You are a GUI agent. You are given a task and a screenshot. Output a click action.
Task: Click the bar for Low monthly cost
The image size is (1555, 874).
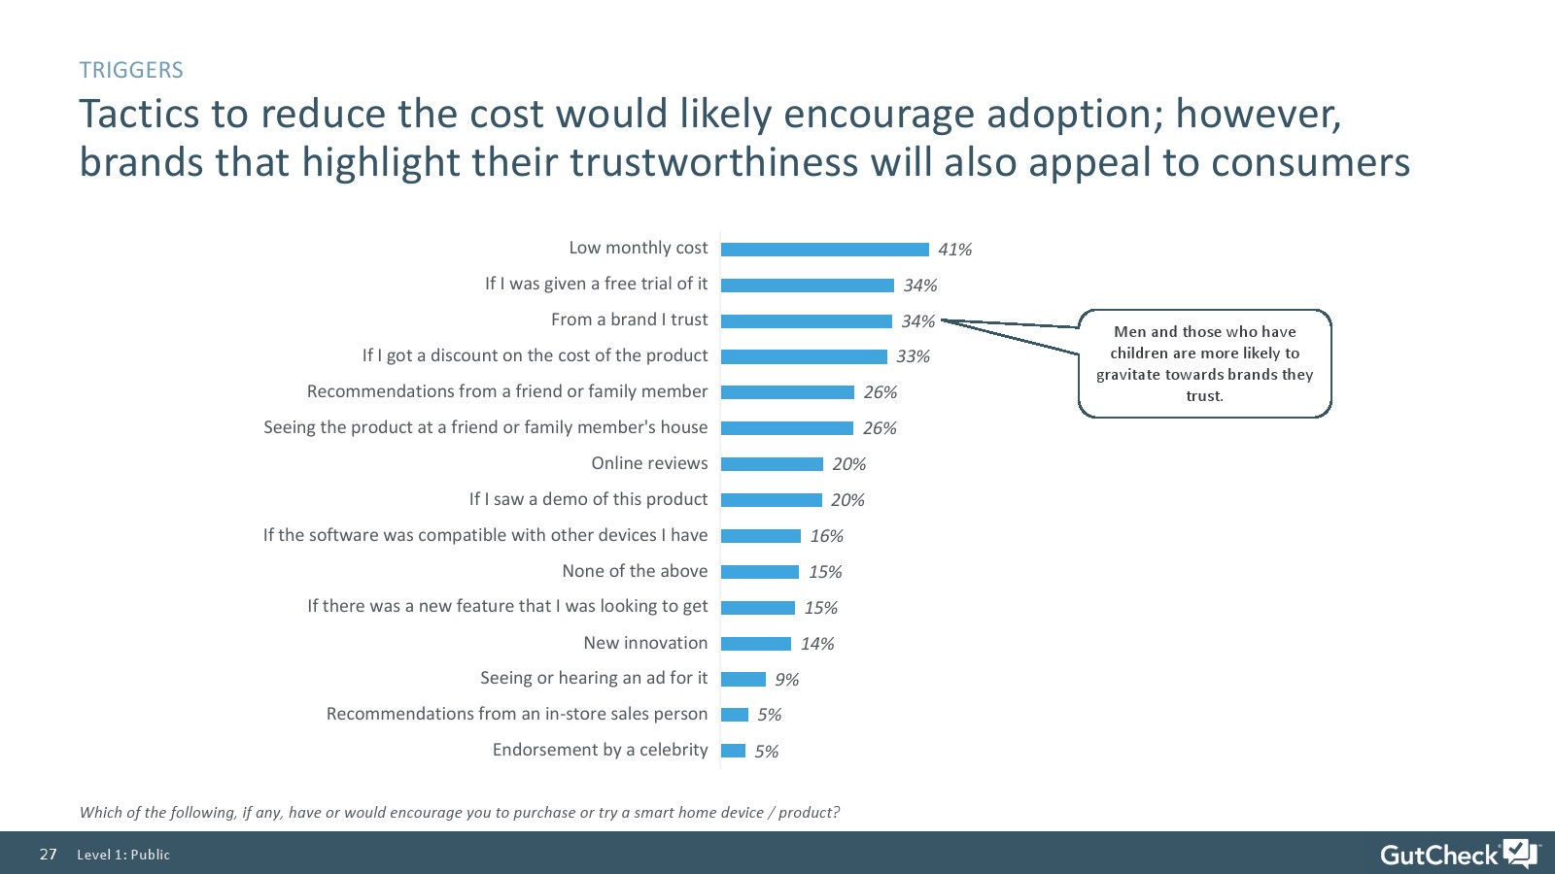[x=824, y=250]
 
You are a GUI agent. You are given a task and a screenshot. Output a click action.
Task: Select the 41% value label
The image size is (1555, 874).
[x=954, y=250]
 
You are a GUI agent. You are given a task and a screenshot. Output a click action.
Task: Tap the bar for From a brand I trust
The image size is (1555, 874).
[x=806, y=321]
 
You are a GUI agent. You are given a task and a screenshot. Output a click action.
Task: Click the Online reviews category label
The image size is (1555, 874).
[x=649, y=463]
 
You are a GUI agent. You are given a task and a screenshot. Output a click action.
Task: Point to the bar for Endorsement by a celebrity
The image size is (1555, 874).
[x=733, y=751]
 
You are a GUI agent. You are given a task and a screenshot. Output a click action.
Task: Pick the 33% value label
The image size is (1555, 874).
[x=913, y=356]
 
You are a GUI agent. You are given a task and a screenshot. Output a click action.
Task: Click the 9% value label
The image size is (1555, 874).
[x=786, y=680]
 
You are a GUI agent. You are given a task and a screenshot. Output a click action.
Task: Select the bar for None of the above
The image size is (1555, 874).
[x=759, y=572]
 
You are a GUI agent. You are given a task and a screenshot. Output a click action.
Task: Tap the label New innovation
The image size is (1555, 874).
[x=645, y=643]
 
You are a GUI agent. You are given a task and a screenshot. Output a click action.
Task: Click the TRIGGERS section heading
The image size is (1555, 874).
[x=131, y=70]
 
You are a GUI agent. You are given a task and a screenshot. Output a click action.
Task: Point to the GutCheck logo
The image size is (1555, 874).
[x=1458, y=854]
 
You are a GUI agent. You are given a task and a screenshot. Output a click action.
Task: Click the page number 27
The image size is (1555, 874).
[x=49, y=855]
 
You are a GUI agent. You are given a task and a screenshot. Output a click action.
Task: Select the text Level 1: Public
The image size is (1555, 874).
[x=123, y=855]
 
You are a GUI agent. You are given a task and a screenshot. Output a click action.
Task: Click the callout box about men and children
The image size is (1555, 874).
[x=1204, y=363]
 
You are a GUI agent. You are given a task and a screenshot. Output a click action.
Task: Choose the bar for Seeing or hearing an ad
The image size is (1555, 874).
[x=743, y=680]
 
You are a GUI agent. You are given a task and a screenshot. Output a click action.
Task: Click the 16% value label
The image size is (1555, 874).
[x=826, y=536]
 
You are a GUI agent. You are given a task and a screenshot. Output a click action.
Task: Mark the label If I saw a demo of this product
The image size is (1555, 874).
[x=588, y=499]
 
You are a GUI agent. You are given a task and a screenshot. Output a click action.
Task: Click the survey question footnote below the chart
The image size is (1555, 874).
[x=459, y=812]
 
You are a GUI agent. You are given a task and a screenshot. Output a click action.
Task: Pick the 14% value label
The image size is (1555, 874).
[x=816, y=644]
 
